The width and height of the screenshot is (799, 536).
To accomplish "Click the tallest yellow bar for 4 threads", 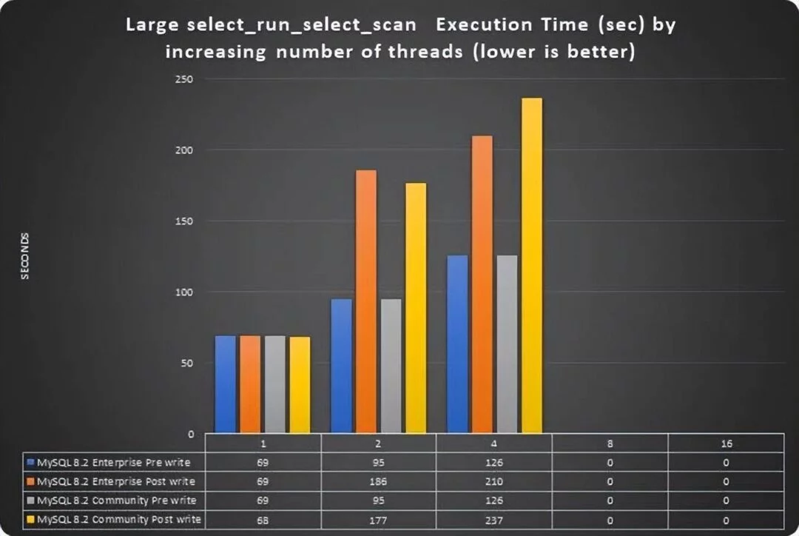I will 532,267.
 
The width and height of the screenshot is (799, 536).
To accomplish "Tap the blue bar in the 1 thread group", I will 226,385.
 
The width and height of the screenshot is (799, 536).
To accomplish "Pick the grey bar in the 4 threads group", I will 507,345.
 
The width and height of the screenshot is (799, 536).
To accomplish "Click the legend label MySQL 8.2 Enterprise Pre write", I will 113,463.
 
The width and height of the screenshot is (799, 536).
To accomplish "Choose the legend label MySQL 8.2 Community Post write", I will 118,519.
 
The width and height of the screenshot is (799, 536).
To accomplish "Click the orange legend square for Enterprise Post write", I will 30,481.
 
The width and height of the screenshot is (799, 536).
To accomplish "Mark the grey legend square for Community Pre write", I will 30,500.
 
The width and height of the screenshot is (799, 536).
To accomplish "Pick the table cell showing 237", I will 493,519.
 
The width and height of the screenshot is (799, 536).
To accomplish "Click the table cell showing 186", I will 379,481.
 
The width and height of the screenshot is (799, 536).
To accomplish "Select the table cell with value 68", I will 263,519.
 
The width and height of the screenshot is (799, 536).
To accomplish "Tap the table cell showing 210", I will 493,481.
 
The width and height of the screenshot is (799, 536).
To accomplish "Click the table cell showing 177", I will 379,519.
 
